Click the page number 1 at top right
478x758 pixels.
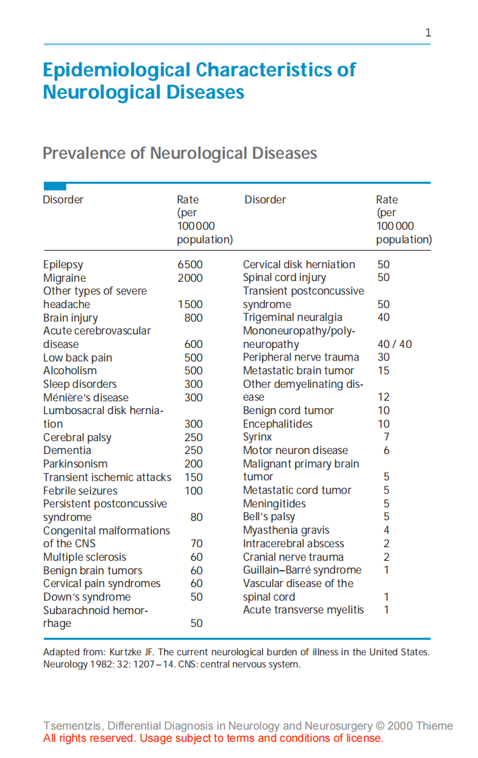tap(428, 32)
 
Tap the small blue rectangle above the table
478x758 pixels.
tap(55, 186)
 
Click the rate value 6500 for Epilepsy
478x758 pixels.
tap(190, 265)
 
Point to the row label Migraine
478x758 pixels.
tap(65, 278)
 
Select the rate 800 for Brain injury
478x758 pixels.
tap(193, 318)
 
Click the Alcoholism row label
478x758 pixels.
tap(70, 371)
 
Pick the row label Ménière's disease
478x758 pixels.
tap(86, 397)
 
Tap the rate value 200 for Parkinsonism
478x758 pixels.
tap(193, 464)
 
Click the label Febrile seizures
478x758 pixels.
tap(80, 490)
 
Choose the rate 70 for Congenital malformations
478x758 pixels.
tap(196, 544)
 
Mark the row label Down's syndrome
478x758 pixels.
tap(87, 597)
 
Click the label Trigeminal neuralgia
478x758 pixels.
tap(292, 318)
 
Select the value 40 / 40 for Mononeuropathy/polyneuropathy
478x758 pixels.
tap(394, 345)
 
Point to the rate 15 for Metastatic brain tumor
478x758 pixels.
tap(383, 371)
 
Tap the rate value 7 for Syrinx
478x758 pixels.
tap(386, 437)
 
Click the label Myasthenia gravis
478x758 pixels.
tap(286, 530)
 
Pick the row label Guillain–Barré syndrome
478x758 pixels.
tap(302, 570)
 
